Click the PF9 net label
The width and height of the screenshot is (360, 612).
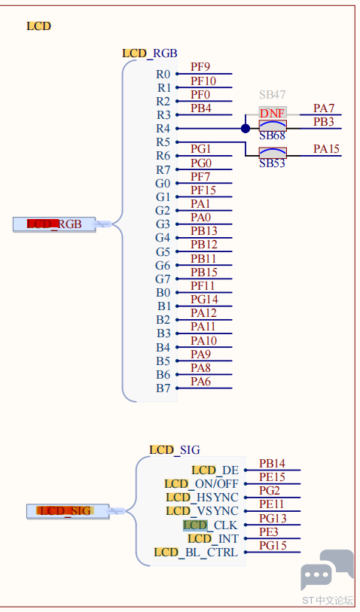[x=200, y=67]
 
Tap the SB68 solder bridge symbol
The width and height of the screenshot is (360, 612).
[x=273, y=126]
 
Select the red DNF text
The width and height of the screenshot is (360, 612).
[x=272, y=113]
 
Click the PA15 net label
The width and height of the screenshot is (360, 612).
[x=326, y=149]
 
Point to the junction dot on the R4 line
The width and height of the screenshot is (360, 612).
[x=246, y=129]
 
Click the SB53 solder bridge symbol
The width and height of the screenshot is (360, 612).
[x=273, y=153]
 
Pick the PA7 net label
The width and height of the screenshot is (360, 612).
[x=324, y=108]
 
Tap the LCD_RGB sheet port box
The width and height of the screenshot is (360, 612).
[x=54, y=224]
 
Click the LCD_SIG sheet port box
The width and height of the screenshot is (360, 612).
[x=68, y=511]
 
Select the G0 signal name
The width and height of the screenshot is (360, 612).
[x=163, y=184]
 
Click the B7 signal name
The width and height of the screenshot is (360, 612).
[x=163, y=388]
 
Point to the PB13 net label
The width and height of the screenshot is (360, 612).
[x=204, y=231]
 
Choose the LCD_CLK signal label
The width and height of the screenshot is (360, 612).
[x=210, y=525]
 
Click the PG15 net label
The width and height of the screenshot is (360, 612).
[x=273, y=546]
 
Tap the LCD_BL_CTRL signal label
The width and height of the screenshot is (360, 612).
[x=196, y=553]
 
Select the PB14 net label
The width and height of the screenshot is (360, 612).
[x=272, y=464]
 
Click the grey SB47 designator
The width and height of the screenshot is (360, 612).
[x=272, y=94]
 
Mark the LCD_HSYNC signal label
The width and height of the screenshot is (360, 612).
[x=202, y=498]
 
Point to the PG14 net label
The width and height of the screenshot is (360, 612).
[x=204, y=300]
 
